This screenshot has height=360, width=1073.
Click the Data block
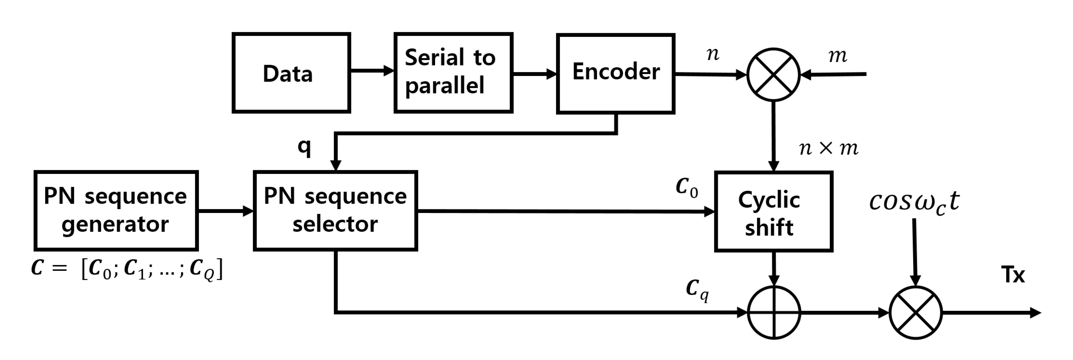tap(291, 73)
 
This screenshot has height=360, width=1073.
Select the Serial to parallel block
tap(453, 73)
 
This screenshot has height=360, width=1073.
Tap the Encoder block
tap(616, 73)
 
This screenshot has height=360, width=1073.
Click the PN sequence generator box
tap(116, 210)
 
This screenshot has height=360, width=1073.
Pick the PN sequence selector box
tap(335, 210)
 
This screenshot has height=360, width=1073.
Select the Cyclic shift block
tap(774, 211)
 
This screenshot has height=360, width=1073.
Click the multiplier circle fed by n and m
tap(774, 75)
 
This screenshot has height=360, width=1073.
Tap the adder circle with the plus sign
tap(774, 313)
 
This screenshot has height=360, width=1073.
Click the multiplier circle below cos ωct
tap(915, 313)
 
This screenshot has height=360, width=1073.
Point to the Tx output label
tap(1013, 275)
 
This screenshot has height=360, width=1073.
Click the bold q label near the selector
tap(304, 147)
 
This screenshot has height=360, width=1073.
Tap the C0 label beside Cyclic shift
tap(686, 187)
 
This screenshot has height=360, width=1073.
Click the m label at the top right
tap(838, 55)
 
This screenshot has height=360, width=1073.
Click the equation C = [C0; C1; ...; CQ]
tap(127, 269)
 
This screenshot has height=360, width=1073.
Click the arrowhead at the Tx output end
tap(1036, 313)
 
